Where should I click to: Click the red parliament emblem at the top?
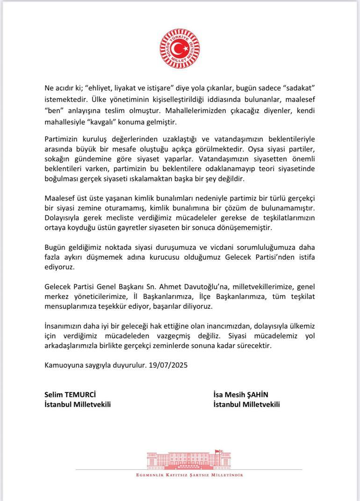[180, 49]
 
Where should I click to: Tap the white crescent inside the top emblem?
[177, 49]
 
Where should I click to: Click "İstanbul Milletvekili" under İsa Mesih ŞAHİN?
[246, 404]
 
